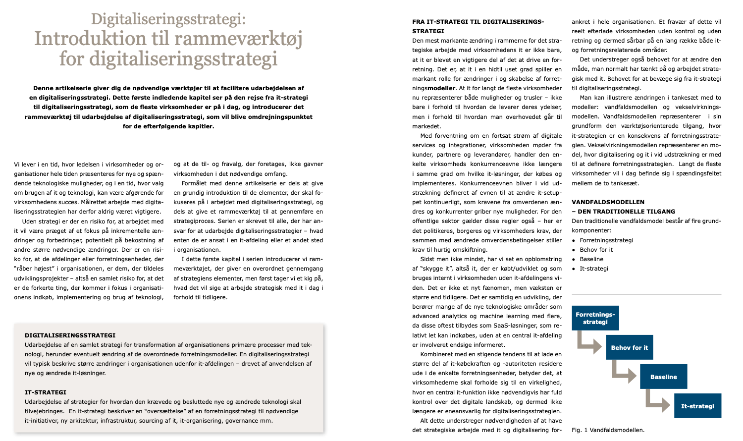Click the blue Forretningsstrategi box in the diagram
click(x=595, y=318)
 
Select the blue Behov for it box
click(x=629, y=347)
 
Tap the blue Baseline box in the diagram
click(x=663, y=377)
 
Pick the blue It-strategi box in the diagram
click(x=697, y=406)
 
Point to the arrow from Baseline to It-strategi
click(x=657, y=401)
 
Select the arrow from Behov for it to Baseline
click(x=623, y=372)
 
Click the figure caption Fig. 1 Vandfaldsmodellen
click(x=608, y=430)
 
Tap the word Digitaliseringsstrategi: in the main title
click(x=168, y=19)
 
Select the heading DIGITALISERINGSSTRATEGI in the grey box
click(x=70, y=335)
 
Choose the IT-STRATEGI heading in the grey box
click(x=46, y=392)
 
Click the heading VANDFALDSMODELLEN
click(x=608, y=202)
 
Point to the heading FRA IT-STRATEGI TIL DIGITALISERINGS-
click(x=478, y=22)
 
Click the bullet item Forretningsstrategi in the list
click(x=606, y=240)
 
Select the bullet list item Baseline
click(x=591, y=259)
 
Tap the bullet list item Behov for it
click(x=596, y=250)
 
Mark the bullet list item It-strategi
click(x=594, y=269)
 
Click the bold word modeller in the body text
click(x=441, y=88)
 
